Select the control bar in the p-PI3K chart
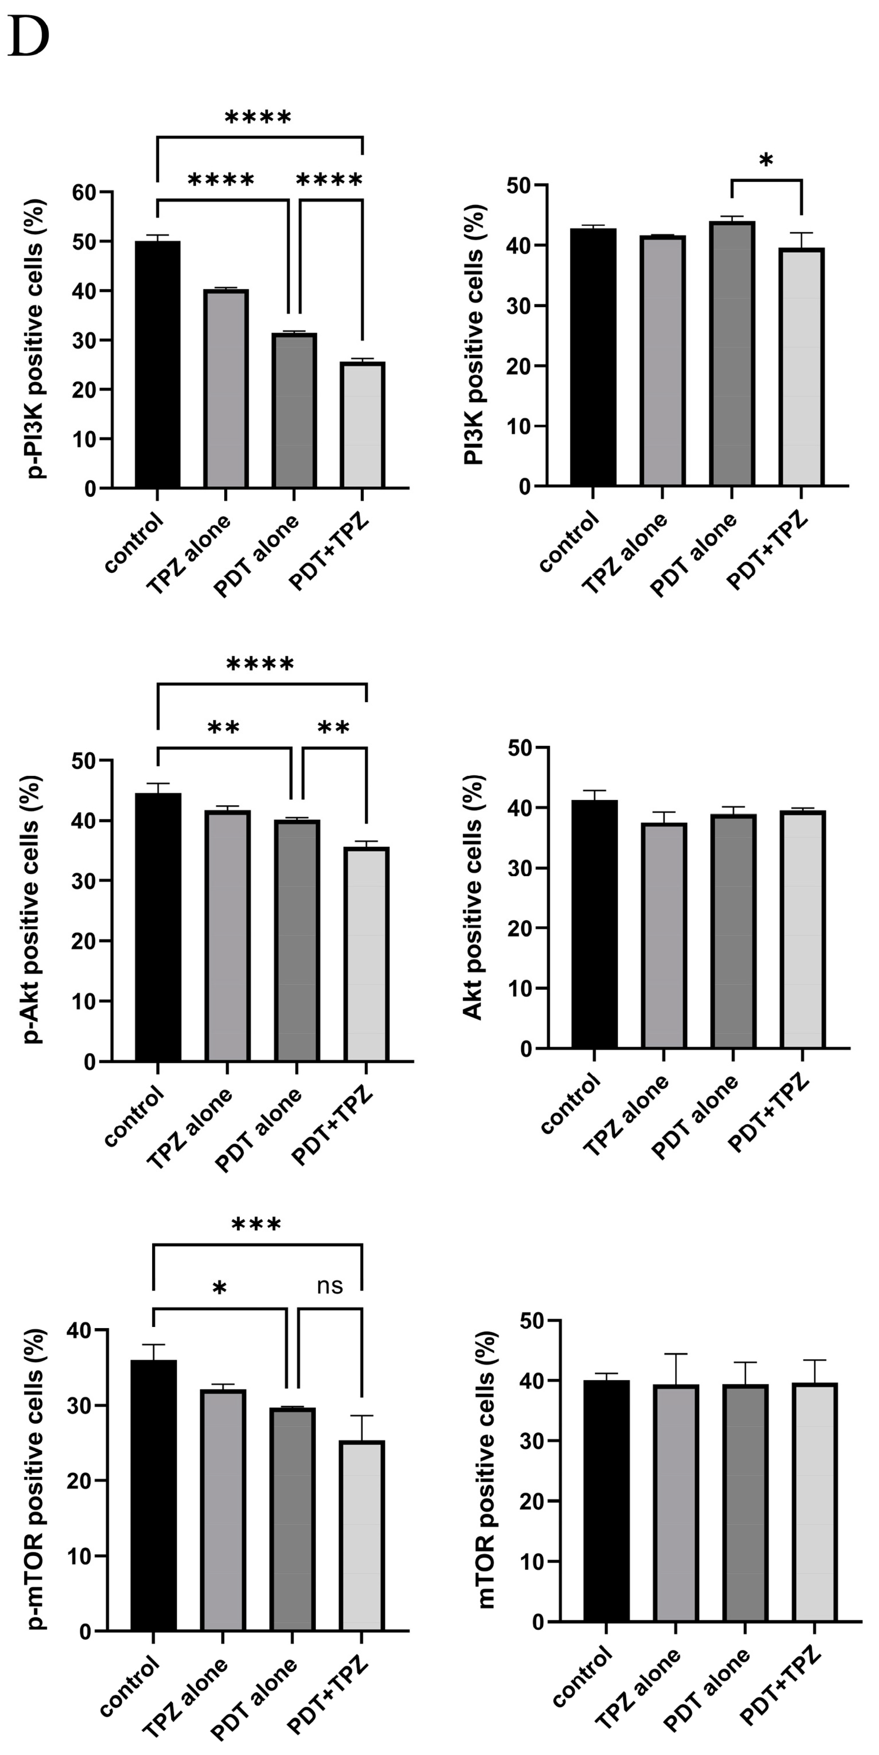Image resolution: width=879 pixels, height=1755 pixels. coord(157,365)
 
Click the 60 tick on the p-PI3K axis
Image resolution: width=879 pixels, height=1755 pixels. coord(85,193)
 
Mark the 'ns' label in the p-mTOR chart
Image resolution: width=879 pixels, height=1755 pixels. coord(330,1286)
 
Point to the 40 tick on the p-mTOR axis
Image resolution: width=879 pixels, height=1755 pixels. coord(81,1330)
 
